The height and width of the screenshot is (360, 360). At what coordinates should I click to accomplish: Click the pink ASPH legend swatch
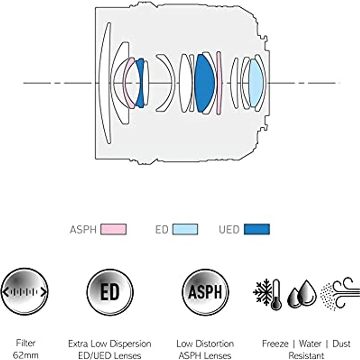[x=113, y=229]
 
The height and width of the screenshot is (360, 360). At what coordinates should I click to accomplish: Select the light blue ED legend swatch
[x=185, y=229]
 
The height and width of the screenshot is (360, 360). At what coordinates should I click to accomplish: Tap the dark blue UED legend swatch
[x=257, y=229]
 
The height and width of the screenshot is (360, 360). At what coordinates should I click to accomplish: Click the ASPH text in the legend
[x=83, y=229]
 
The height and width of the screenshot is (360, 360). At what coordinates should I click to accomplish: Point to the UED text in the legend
[x=229, y=229]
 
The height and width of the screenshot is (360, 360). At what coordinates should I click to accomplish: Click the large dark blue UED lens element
[x=204, y=83]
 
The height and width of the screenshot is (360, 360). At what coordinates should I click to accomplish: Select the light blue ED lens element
[x=255, y=83]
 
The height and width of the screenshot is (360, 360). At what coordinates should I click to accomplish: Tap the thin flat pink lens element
[x=219, y=83]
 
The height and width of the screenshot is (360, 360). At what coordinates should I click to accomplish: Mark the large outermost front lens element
[x=105, y=83]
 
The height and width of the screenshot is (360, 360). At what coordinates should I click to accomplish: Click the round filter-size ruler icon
[x=24, y=292]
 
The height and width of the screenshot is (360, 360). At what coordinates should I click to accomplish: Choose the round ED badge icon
[x=110, y=292]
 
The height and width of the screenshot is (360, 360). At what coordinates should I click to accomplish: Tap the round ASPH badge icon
[x=205, y=292]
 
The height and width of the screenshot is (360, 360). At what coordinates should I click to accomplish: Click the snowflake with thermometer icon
[x=268, y=294]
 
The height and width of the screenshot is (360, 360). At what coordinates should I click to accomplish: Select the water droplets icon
[x=302, y=294]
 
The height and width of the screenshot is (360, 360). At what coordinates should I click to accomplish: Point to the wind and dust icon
[x=340, y=294]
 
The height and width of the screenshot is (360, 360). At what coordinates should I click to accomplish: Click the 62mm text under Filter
[x=25, y=355]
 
